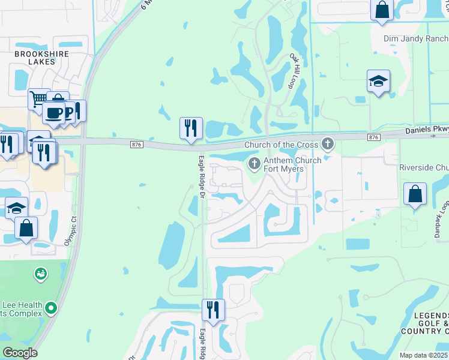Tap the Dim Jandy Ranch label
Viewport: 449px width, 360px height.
tap(415, 39)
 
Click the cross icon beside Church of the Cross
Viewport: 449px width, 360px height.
tap(327, 143)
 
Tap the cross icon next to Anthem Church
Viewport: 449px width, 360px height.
tap(254, 163)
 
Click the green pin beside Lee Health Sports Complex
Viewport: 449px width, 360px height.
tap(51, 308)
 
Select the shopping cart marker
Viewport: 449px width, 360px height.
tap(38, 98)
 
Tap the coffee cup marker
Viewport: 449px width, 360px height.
tap(53, 112)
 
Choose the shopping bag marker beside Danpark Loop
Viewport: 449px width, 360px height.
tap(415, 194)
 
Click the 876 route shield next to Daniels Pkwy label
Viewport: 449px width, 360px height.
tap(374, 137)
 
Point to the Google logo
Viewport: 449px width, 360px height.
tap(20, 353)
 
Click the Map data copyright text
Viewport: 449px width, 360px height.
tap(424, 355)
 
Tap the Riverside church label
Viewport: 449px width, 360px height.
tap(424, 167)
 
